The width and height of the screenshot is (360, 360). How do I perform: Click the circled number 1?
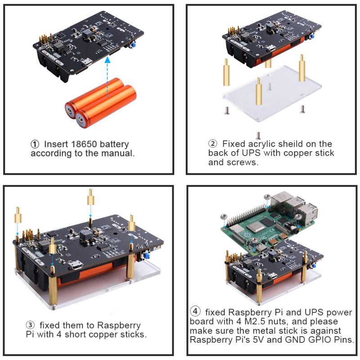[x=35, y=144]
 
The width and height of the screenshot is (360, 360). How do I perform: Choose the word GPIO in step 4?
[x=317, y=340]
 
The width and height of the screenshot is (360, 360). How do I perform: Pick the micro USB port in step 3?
[x=78, y=265]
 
